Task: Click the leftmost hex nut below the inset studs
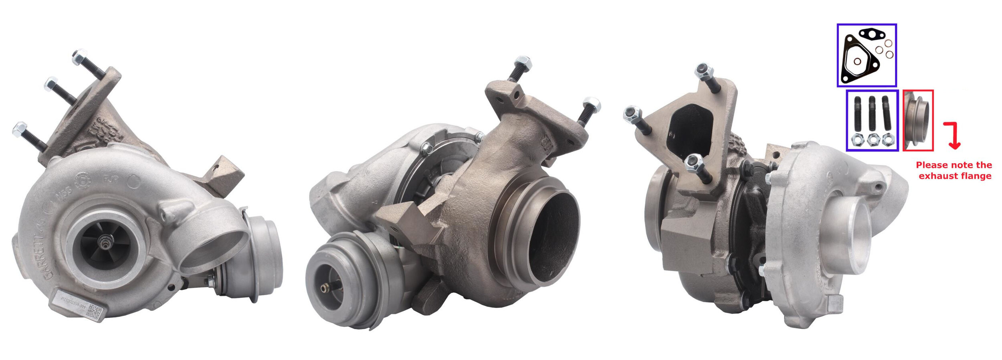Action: pyautogui.click(x=857, y=140)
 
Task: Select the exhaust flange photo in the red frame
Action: pyautogui.click(x=917, y=120)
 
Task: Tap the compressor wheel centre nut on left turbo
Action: pyautogui.click(x=106, y=242)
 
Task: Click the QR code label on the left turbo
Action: pyautogui.click(x=95, y=310)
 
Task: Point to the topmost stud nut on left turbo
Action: pyautogui.click(x=79, y=57)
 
